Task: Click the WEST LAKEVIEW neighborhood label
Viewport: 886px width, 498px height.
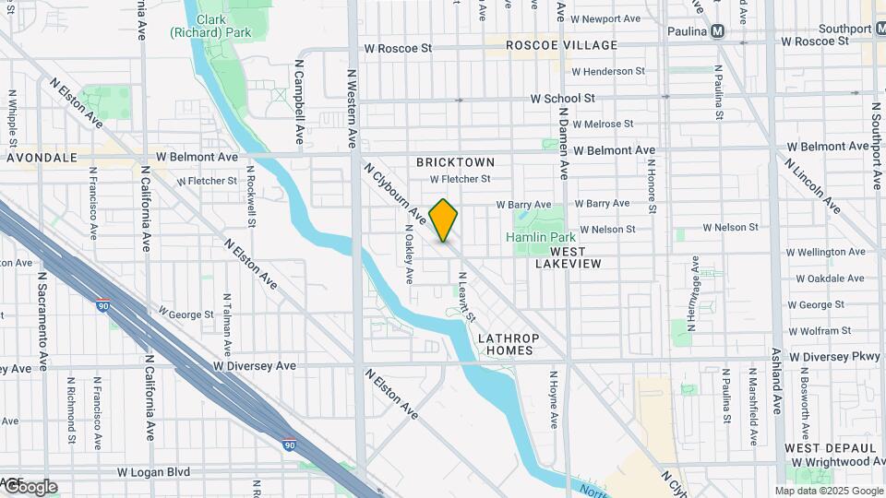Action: (569, 256)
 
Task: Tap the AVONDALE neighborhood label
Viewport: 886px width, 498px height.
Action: (42, 158)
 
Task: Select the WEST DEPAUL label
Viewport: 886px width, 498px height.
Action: (823, 447)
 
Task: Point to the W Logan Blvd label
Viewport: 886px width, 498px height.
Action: (154, 471)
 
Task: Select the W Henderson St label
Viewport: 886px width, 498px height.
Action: (608, 71)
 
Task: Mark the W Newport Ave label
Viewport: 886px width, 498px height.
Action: (605, 18)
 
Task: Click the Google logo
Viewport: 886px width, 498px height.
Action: (30, 486)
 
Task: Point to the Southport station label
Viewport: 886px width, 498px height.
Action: (846, 30)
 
